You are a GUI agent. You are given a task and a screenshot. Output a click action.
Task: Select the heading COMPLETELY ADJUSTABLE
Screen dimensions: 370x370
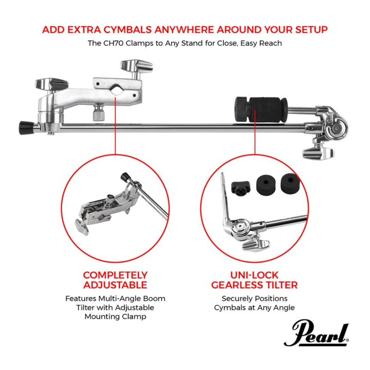click(115, 280)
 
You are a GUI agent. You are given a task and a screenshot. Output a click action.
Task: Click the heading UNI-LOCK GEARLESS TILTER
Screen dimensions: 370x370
click(254, 280)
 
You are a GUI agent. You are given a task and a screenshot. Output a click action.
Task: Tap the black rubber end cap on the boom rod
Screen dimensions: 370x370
click(26, 127)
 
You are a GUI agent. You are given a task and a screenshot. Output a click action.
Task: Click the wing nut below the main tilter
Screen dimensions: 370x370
click(318, 152)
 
